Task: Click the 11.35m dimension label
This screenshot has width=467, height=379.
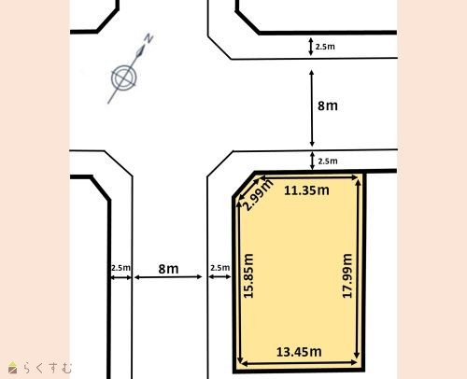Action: point(306,190)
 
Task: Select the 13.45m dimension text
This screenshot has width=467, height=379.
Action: point(299,352)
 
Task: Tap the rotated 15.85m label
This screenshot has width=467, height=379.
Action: point(248,276)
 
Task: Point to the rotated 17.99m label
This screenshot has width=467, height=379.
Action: point(347,276)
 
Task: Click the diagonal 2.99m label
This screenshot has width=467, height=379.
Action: point(257,195)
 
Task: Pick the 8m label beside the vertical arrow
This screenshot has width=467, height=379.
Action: point(328,105)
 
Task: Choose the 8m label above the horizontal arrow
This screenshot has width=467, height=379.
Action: point(168,269)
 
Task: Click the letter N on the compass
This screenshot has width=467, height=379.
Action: point(149,38)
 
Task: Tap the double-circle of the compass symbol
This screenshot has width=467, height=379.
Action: point(124,77)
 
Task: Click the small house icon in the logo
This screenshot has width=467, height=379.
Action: point(12,368)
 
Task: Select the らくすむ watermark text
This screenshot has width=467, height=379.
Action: point(48,368)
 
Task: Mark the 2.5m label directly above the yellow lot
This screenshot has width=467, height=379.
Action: point(328,161)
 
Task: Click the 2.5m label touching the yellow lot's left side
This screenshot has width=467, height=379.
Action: point(220,268)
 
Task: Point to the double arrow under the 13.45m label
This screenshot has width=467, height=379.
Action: point(299,363)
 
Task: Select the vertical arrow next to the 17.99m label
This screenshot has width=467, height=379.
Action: point(358,269)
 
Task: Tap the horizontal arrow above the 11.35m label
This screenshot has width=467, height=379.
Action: point(308,177)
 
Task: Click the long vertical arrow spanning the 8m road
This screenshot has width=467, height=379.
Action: point(312,108)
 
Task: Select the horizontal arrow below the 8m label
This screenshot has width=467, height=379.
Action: point(168,277)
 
